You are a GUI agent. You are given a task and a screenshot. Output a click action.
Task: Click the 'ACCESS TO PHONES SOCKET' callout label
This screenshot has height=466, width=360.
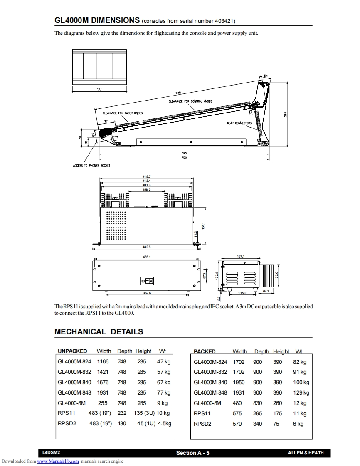click(91, 166)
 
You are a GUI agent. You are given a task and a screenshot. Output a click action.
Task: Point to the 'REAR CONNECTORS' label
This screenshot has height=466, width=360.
click(239, 123)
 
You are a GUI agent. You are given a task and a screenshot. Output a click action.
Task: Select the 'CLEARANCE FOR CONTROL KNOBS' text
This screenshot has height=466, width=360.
click(190, 101)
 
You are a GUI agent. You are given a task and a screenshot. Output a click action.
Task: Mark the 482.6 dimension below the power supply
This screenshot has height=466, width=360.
click(146, 247)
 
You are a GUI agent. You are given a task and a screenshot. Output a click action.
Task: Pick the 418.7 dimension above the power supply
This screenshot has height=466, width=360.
click(146, 177)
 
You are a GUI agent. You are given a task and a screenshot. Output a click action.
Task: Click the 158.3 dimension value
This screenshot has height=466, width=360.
click(146, 189)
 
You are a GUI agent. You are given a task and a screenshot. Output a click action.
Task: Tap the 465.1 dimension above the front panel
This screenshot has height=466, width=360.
click(146, 257)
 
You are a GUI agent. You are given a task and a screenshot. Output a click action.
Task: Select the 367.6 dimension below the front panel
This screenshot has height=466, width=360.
click(146, 293)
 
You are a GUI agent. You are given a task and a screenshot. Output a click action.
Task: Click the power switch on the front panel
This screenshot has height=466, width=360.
click(147, 281)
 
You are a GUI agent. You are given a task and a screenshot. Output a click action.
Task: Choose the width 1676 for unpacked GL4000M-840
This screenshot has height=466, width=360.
click(103, 382)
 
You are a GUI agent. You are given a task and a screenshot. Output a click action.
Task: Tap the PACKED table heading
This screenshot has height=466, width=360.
click(205, 351)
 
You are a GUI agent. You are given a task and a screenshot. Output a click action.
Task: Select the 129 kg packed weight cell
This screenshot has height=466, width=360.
click(301, 392)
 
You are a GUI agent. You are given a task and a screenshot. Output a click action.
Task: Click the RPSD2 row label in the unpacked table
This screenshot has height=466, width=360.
click(67, 424)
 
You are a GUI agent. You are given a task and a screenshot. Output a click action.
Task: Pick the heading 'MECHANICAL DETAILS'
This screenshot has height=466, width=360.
click(99, 331)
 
